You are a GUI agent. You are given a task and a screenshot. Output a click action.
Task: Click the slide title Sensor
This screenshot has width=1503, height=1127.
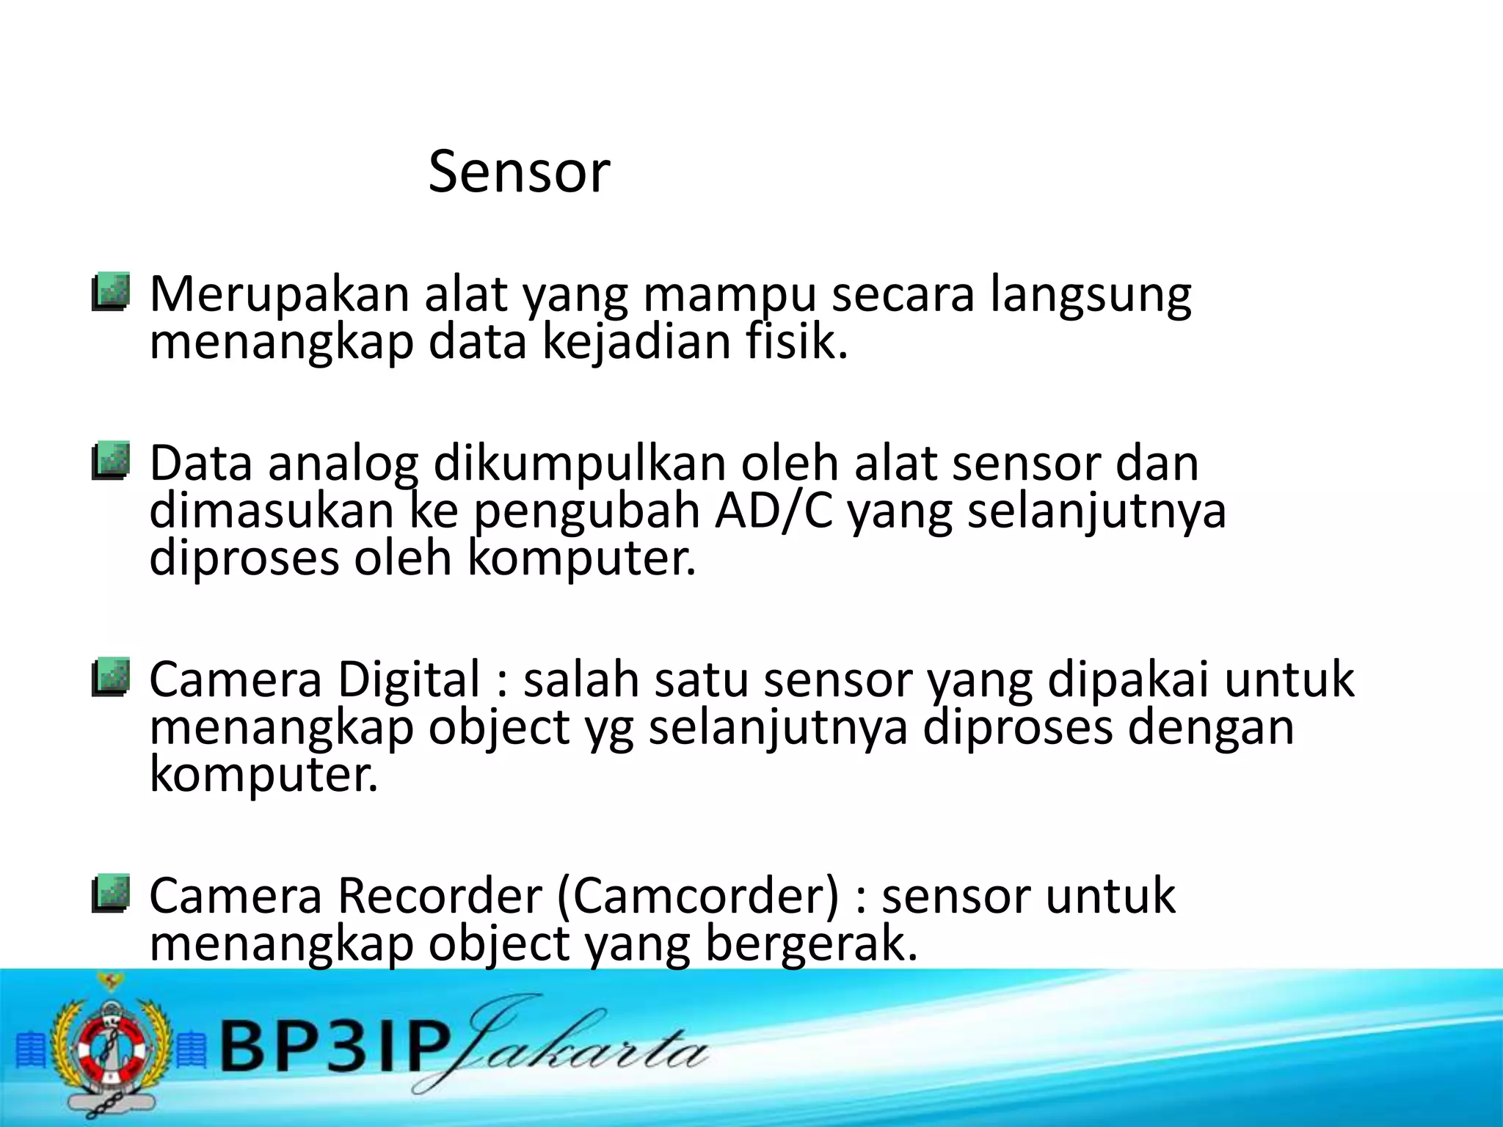coord(519,172)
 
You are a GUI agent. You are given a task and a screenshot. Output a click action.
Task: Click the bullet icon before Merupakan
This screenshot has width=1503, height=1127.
coord(111,292)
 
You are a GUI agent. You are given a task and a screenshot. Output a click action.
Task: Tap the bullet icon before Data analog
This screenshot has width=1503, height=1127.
coord(111,461)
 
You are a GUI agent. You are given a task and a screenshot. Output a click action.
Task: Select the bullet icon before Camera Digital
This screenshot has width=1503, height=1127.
coord(111,676)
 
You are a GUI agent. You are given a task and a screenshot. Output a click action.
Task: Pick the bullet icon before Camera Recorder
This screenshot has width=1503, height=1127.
coord(111,893)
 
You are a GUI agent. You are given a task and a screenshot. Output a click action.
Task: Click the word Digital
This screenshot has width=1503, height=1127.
coord(409,679)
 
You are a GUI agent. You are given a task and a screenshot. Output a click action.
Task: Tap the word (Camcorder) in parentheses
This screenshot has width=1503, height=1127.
coord(698,896)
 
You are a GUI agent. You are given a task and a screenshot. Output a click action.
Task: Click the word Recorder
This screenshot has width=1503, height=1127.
coord(440,896)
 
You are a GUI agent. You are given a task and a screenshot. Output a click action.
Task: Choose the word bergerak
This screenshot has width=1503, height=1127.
coord(811,944)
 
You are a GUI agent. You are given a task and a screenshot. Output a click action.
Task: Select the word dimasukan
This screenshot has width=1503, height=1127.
coord(272,511)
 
